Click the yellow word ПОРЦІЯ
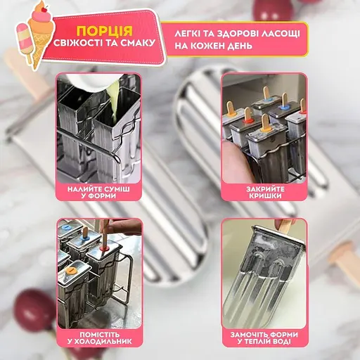pyautogui.click(x=105, y=30)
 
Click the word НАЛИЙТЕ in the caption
pyautogui.click(x=84, y=189)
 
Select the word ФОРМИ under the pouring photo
pyautogui.click(x=102, y=195)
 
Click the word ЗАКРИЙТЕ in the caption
pyautogui.click(x=265, y=189)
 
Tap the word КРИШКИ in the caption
pyautogui.click(x=265, y=195)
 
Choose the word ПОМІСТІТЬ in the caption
pyautogui.click(x=100, y=335)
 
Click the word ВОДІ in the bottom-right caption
pyautogui.click(x=281, y=341)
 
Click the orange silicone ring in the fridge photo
pyautogui.click(x=70, y=271)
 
